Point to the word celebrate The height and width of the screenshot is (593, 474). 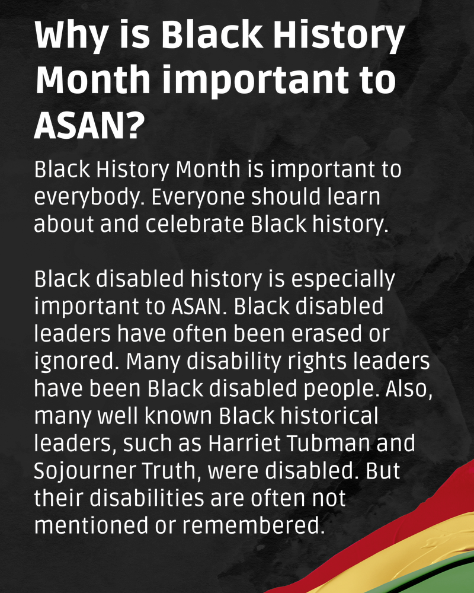coord(195,224)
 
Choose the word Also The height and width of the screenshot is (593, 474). coord(409,389)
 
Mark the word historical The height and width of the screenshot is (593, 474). coord(329,416)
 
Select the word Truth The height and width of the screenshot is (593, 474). coord(171,471)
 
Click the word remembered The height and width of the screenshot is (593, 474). coord(253,525)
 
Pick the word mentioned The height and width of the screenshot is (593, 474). coord(91,525)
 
